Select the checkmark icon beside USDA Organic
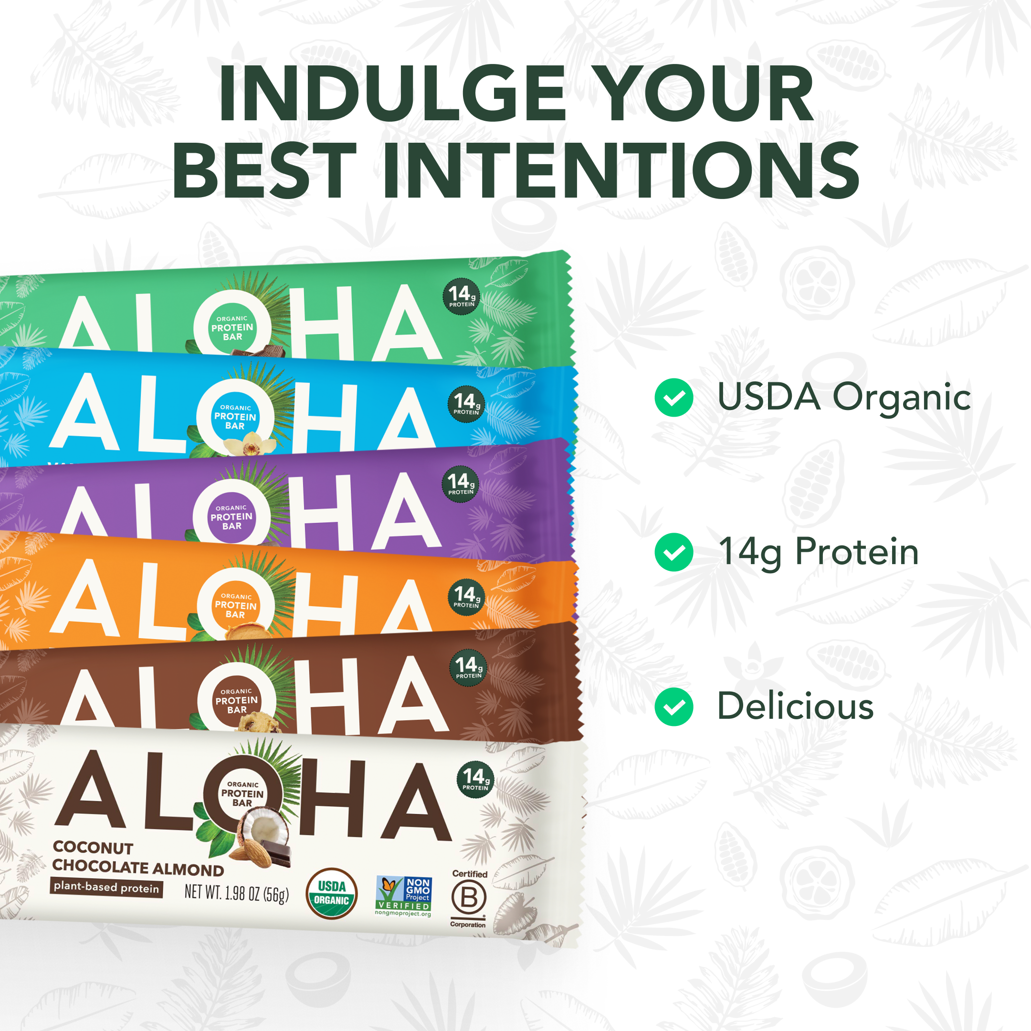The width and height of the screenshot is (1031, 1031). coord(673,398)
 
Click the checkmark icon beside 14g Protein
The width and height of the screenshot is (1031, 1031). coord(673,552)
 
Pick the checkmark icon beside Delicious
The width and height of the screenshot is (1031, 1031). coord(673,707)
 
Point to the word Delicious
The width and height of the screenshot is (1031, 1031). coord(795,706)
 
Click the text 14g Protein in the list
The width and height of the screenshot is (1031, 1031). coord(819,552)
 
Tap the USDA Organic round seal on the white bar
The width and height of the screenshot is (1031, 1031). coord(331,894)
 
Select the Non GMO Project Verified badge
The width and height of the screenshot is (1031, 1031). coord(403,895)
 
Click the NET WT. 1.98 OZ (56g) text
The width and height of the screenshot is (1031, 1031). coord(236,893)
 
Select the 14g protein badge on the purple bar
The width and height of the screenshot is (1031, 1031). coord(460,484)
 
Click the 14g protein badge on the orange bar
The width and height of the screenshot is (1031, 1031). coord(466,596)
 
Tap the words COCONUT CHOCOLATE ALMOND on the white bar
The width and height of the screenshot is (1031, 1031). coord(137,858)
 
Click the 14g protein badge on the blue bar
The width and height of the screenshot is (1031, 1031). coord(466,403)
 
